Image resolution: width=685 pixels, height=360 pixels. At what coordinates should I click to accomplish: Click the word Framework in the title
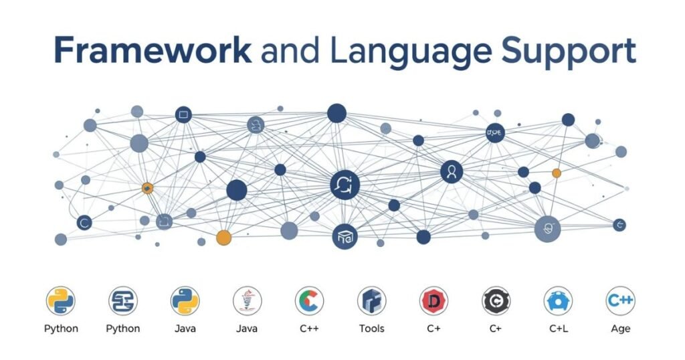coord(153,51)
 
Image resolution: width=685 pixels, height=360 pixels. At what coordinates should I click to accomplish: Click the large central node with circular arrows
coord(345,185)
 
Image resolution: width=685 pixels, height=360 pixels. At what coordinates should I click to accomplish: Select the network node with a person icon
coord(452,171)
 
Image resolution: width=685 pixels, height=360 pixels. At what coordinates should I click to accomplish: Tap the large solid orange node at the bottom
coord(223,238)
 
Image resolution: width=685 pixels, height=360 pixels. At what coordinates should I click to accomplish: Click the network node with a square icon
coord(183,115)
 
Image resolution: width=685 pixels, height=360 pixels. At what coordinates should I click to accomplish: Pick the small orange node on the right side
coord(557,173)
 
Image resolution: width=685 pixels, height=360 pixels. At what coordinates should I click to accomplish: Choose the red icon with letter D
coord(433,301)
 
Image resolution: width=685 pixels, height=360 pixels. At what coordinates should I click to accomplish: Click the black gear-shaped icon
coord(496,301)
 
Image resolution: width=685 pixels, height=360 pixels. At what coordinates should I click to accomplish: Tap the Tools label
coord(372,329)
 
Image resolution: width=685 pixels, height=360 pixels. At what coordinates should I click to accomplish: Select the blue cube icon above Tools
coord(372,301)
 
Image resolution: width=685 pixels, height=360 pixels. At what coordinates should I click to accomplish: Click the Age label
coord(620,329)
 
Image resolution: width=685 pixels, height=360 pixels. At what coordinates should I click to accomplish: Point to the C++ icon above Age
coord(620,301)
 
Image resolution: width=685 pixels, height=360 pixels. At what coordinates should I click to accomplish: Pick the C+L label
coord(559,329)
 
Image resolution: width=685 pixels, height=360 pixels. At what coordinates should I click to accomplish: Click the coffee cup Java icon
coord(248,301)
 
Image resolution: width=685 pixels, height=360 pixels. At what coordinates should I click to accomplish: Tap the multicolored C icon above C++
coord(309,301)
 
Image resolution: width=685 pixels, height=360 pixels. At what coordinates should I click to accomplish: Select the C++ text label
coord(309,329)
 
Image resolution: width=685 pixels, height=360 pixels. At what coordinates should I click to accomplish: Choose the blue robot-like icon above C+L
coord(558,301)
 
